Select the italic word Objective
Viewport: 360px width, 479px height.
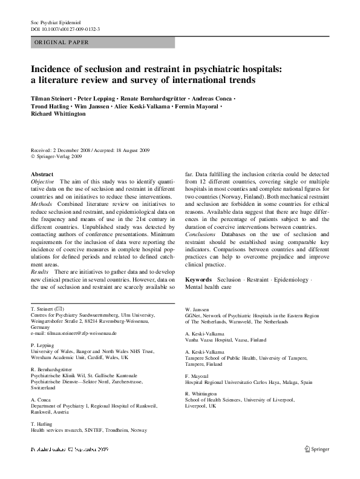click(x=42, y=182)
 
